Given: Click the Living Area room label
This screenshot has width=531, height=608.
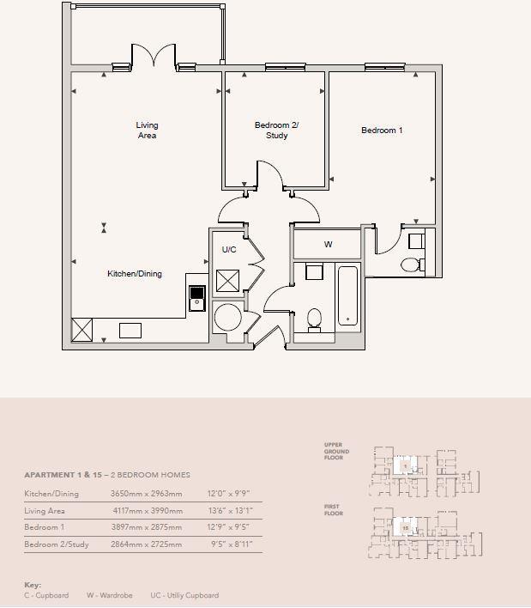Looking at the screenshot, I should point(147,131).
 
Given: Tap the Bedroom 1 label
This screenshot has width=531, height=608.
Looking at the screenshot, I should point(382,131).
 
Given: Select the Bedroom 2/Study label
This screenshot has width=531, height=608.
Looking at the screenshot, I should point(276,131).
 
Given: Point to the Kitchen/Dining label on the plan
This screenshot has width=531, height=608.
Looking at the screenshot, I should point(134,274).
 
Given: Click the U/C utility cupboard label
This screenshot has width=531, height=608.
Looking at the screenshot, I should point(229,250).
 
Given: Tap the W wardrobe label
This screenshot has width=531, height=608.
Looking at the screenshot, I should point(328,245).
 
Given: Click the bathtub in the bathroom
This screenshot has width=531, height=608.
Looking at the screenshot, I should point(347,297).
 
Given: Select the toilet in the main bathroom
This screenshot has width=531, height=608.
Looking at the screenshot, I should point(314,319).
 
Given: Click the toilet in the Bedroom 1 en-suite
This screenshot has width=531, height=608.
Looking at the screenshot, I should point(412,264).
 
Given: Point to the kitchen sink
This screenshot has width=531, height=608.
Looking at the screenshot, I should point(197,297).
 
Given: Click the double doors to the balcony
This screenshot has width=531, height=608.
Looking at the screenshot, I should point(154,57).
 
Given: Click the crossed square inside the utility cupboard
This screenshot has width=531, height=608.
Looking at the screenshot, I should point(228,281).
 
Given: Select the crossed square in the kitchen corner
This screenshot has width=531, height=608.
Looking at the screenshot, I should point(82,330).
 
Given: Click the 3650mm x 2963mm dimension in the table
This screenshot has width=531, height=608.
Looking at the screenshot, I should point(146,494).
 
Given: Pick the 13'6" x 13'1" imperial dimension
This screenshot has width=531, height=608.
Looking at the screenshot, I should point(230,511).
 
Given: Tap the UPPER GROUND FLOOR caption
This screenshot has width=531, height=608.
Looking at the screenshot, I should point(334,452).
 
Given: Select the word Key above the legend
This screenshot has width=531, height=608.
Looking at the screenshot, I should point(33,585).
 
